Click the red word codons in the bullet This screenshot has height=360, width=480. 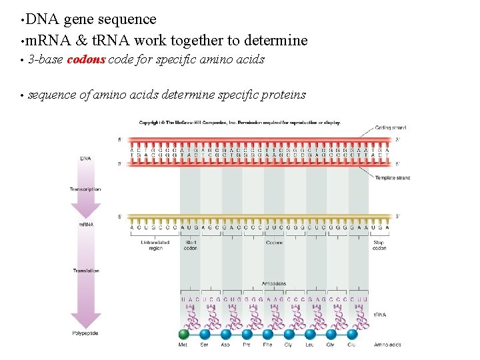[x=86, y=59]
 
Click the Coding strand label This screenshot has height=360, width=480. [x=391, y=127]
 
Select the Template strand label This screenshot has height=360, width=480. [x=393, y=178]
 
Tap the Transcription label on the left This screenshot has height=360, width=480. [x=85, y=189]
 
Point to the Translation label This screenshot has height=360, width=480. [x=86, y=271]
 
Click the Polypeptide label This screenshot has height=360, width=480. [x=85, y=333]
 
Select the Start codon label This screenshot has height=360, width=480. [x=191, y=245]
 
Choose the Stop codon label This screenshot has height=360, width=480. [x=379, y=245]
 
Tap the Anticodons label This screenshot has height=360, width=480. [x=275, y=283]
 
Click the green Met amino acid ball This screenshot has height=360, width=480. [x=183, y=333]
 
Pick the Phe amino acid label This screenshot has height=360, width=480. [x=267, y=345]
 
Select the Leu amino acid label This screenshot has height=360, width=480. [x=310, y=345]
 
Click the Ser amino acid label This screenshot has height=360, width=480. [x=204, y=345]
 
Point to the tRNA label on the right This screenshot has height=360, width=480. [x=379, y=314]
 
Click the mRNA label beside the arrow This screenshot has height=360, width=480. [x=86, y=225]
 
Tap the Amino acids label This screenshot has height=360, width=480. [x=387, y=345]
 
